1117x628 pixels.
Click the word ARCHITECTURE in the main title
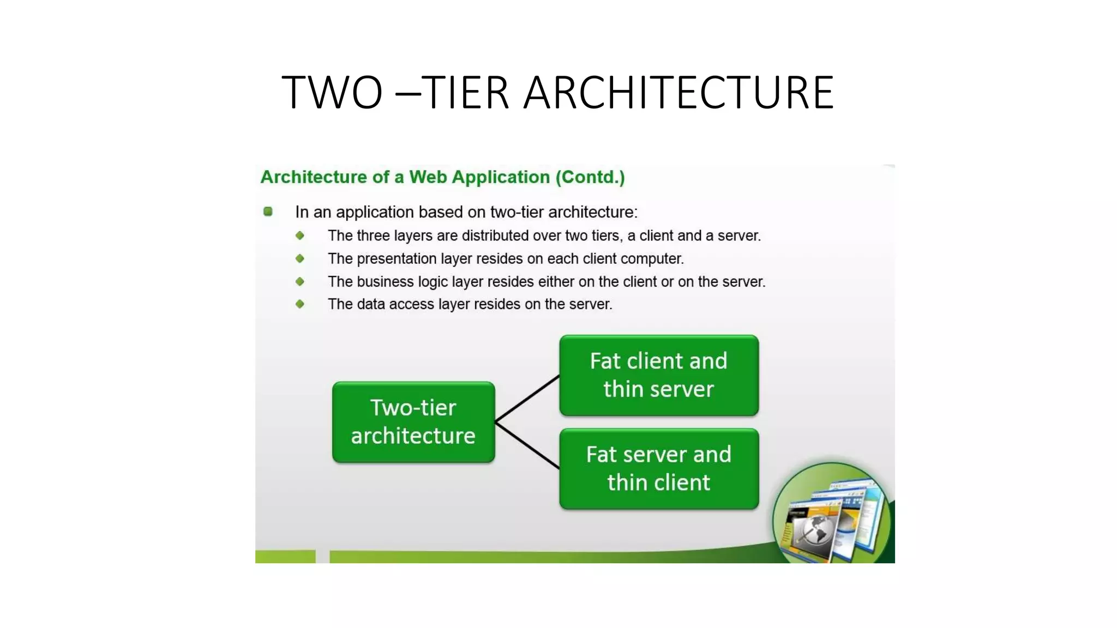point(678,93)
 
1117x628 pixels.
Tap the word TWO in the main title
point(332,93)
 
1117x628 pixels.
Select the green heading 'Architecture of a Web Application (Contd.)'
point(442,177)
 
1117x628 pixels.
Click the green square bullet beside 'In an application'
point(268,212)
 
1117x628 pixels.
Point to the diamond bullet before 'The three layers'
point(300,235)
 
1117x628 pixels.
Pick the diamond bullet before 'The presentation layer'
point(300,258)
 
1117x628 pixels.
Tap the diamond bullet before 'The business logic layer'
point(300,281)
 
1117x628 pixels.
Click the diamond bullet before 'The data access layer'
point(300,304)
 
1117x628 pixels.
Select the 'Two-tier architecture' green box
point(413,422)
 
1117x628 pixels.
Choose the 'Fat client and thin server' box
point(659,375)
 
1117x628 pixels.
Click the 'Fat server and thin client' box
point(659,469)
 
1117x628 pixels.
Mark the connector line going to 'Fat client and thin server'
point(527,398)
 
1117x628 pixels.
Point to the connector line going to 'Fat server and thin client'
point(527,445)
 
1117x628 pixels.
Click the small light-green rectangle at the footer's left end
point(285,557)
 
